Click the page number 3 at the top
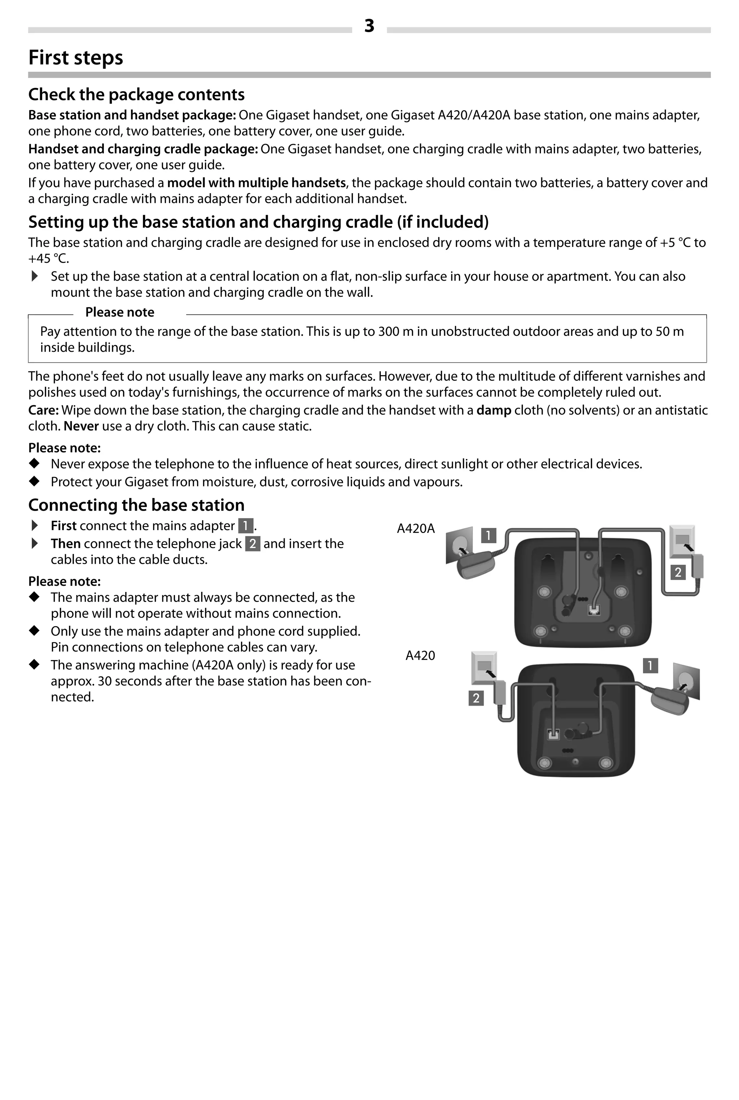[x=369, y=26]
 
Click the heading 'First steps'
[x=75, y=57]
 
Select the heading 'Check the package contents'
[x=136, y=94]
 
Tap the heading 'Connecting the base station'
[x=136, y=505]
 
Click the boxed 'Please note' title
[x=120, y=312]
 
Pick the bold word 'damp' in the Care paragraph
[x=494, y=410]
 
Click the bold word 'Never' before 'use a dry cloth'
[x=81, y=426]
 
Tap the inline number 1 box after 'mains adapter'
[x=245, y=525]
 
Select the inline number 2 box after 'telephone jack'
[x=253, y=544]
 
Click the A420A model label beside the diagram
[x=416, y=528]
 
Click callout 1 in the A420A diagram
[x=488, y=536]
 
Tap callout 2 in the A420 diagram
[x=476, y=698]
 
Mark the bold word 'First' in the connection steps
[x=64, y=526]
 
